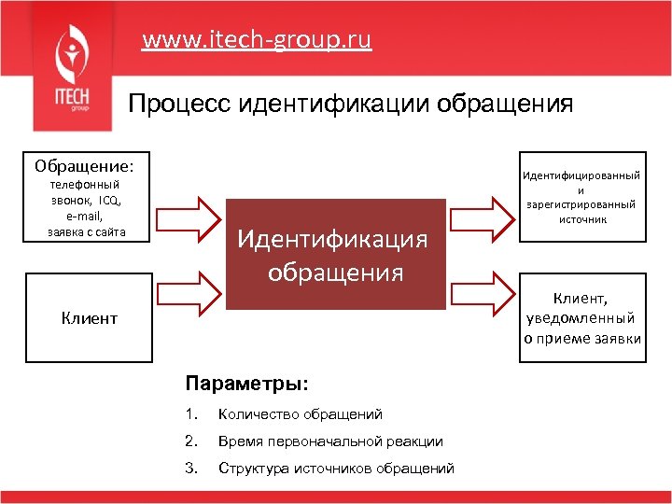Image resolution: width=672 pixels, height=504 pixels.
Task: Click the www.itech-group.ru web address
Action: [x=257, y=40]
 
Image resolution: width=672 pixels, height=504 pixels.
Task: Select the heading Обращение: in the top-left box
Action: [x=84, y=166]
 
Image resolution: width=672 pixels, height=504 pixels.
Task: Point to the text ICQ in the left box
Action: [x=110, y=201]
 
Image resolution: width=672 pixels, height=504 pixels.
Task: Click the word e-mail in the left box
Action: [x=85, y=217]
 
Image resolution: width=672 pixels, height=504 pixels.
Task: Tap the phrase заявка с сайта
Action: [x=86, y=232]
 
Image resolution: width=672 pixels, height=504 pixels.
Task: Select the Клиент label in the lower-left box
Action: [x=89, y=318]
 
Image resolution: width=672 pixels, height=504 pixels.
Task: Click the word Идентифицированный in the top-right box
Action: [x=581, y=175]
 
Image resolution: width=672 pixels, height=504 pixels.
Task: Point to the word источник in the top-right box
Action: [x=581, y=220]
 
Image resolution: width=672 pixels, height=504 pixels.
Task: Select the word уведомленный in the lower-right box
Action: [x=581, y=318]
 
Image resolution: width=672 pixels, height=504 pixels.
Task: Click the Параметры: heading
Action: [x=246, y=385]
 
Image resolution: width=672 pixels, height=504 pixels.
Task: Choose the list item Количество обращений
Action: [x=300, y=414]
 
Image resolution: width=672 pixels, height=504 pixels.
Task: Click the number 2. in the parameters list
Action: [x=190, y=441]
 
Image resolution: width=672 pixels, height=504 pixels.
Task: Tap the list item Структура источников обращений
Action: [x=336, y=468]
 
